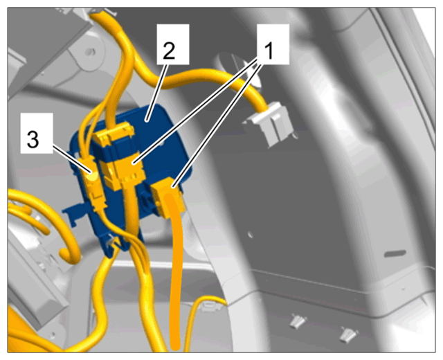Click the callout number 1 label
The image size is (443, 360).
[269, 51]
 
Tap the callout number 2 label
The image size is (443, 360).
[169, 51]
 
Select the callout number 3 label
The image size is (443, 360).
[33, 140]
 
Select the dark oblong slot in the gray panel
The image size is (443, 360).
[395, 253]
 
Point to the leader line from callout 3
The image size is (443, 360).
[72, 159]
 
